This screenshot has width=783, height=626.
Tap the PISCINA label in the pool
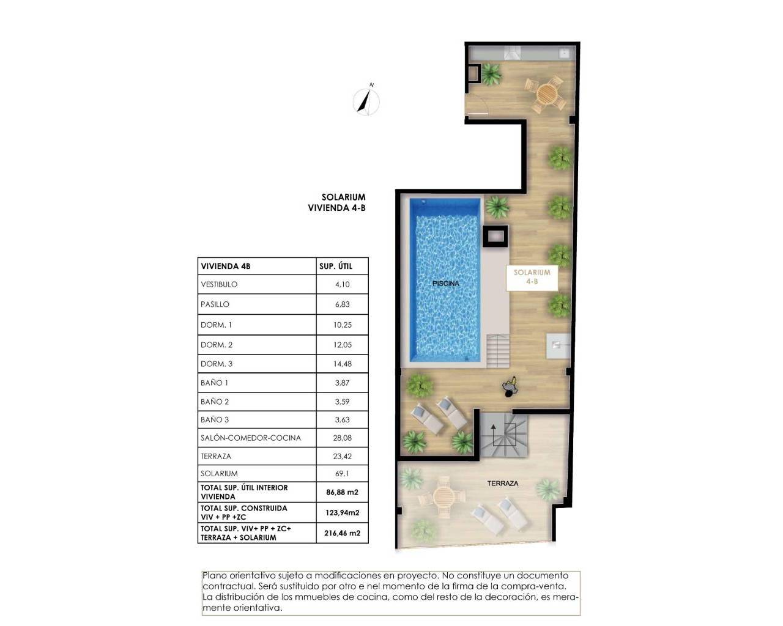coord(445,284)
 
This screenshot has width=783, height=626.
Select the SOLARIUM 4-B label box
coord(532,277)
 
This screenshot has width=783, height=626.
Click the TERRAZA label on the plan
coord(502,484)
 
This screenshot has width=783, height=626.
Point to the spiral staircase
coord(503,434)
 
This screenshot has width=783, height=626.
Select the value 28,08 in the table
coord(343,438)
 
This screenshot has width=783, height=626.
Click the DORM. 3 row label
coord(217,364)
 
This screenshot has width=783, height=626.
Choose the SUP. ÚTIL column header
coord(335,266)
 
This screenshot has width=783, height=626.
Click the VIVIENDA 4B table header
coord(226,266)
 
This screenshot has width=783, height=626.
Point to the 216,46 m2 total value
coord(342,533)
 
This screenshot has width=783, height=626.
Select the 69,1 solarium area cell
coord(343,473)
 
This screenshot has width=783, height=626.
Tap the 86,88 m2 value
coord(342,492)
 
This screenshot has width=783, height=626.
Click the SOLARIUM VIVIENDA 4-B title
coord(336,202)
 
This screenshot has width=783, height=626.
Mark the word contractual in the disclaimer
coord(225,586)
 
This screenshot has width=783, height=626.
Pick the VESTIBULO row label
coord(219,284)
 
